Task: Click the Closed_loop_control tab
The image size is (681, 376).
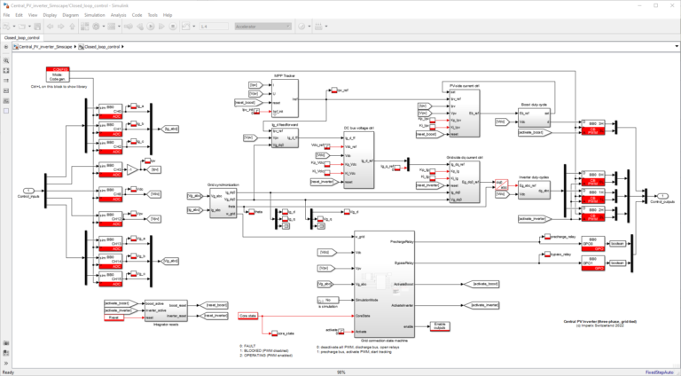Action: click(23, 39)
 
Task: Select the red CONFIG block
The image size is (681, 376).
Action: click(60, 74)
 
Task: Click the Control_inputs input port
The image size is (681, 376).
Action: click(29, 190)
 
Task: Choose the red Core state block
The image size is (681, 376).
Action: click(249, 315)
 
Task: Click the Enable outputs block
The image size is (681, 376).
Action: click(438, 325)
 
